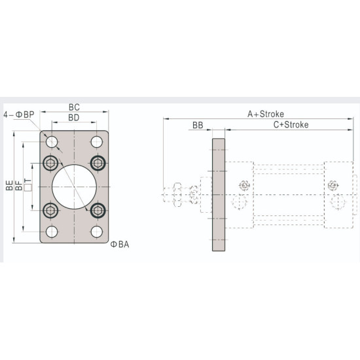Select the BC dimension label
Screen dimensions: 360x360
tap(74, 106)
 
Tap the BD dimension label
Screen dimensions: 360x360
tap(74, 117)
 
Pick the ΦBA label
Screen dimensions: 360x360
tap(119, 244)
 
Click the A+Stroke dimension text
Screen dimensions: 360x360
tap(265, 113)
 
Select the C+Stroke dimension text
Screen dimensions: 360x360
tap(290, 124)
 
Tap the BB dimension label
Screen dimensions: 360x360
tap(197, 124)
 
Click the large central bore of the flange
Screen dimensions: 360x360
tap(74, 187)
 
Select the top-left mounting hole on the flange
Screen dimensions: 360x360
tap(52, 142)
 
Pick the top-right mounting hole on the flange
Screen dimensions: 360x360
tap(97, 142)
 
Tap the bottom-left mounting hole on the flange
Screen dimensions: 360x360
tap(52, 232)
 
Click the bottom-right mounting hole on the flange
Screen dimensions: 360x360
tap(97, 232)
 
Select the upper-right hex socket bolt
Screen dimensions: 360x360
tap(98, 163)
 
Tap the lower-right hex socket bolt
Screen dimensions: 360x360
tap(98, 210)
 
